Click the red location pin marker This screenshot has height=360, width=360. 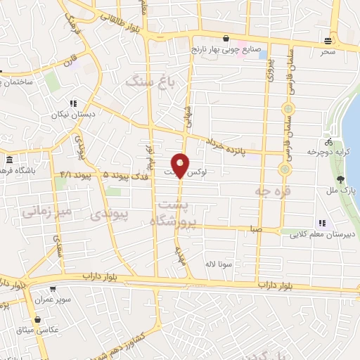pyautogui.click(x=181, y=164)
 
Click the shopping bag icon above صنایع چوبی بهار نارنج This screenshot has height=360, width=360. pyautogui.click(x=225, y=39)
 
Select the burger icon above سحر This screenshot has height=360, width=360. pyautogui.click(x=329, y=40)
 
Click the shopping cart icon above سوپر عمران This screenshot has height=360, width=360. pyautogui.click(x=53, y=288)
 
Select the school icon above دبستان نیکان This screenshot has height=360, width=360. pyautogui.click(x=74, y=103)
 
